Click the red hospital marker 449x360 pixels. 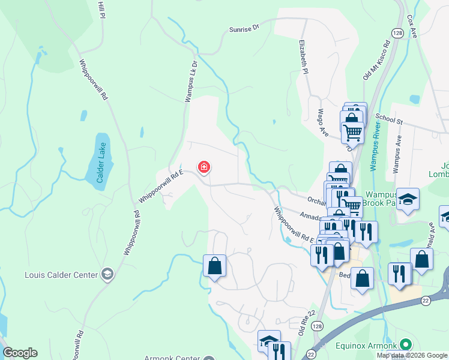(x=204, y=167)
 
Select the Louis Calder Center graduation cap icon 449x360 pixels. (x=107, y=274)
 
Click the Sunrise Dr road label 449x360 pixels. (x=244, y=28)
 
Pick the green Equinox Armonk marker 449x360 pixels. (x=406, y=345)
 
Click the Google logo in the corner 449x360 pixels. (x=20, y=353)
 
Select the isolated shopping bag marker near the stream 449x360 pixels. (x=214, y=265)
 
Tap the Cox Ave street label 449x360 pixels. (x=412, y=27)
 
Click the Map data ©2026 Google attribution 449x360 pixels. (x=412, y=355)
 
